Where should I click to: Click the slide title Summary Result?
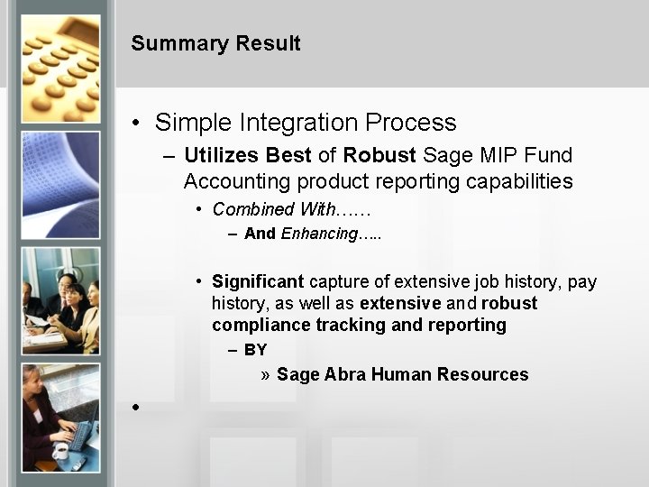(215, 43)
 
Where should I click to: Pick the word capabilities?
(519, 181)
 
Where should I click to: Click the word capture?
(342, 282)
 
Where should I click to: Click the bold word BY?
(255, 350)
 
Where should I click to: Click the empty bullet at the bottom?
(136, 408)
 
